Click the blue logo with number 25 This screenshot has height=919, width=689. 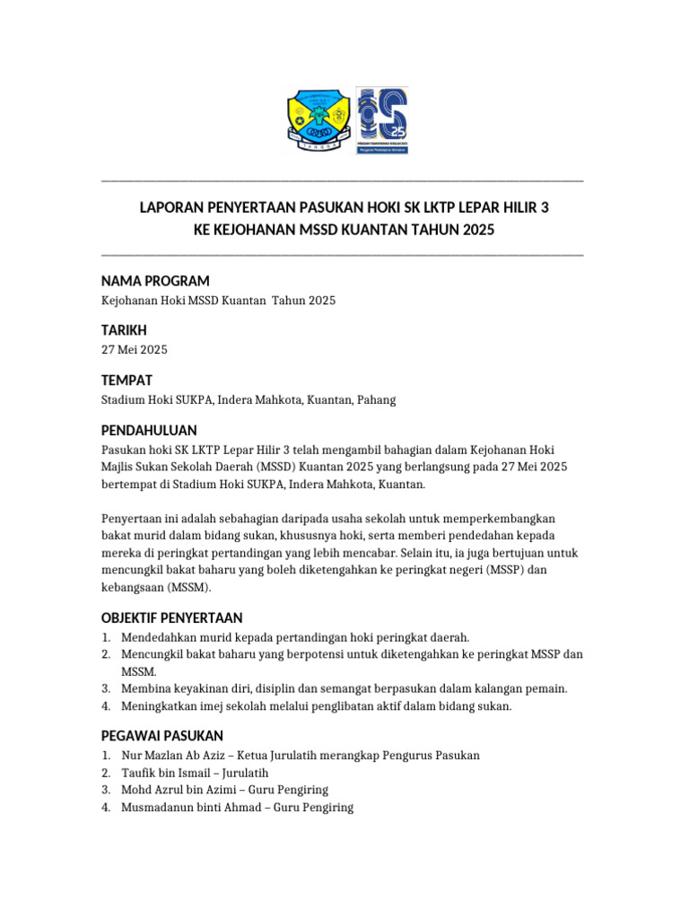pyautogui.click(x=383, y=121)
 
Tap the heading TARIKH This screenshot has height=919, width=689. pyautogui.click(x=124, y=330)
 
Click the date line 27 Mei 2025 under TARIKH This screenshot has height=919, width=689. pyautogui.click(x=134, y=349)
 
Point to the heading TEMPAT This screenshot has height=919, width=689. pyautogui.click(x=126, y=380)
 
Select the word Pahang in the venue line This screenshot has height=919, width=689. pyautogui.click(x=376, y=399)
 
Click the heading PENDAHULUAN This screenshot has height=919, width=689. pyautogui.click(x=149, y=430)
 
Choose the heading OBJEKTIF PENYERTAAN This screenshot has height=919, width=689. pyautogui.click(x=171, y=618)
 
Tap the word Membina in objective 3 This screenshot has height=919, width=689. pyautogui.click(x=144, y=688)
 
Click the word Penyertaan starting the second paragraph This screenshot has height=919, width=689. pyautogui.click(x=131, y=519)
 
